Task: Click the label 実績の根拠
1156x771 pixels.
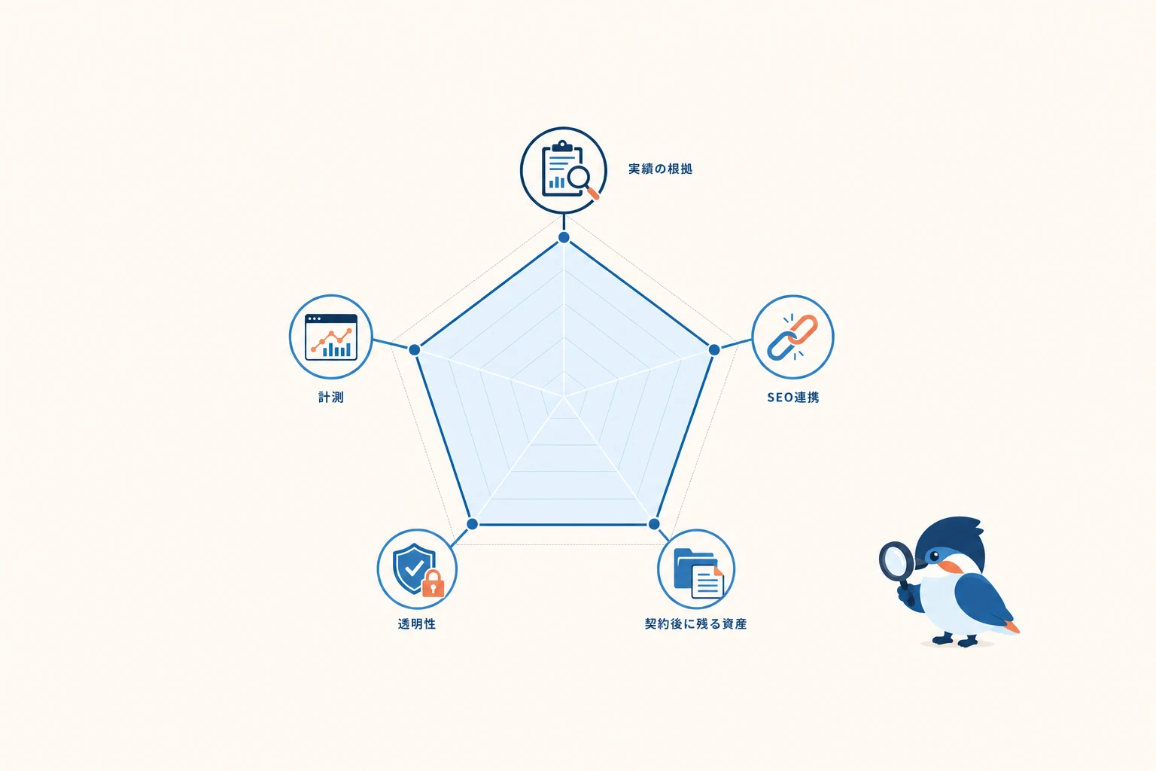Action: [x=660, y=169]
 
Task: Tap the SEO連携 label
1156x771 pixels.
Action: [x=793, y=397]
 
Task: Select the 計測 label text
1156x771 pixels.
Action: [x=331, y=397]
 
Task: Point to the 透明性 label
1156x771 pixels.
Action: [x=417, y=624]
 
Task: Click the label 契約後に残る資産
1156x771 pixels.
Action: [x=695, y=624]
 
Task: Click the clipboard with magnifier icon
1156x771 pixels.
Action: [x=567, y=170]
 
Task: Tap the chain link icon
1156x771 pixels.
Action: [x=792, y=337]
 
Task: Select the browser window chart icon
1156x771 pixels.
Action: [x=331, y=337]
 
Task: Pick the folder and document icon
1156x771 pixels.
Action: [x=698, y=573]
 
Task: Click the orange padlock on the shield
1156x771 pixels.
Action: [x=433, y=584]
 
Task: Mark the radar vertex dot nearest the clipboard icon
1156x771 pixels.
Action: [x=564, y=237]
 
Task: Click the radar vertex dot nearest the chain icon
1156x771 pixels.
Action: [x=714, y=349]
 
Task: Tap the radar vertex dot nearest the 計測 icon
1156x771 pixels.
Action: [x=415, y=349]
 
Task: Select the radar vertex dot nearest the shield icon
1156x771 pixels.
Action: [x=472, y=524]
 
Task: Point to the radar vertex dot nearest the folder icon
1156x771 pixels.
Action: [x=654, y=524]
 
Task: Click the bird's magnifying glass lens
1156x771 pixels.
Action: [x=896, y=559]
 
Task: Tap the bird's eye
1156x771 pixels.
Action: [x=934, y=556]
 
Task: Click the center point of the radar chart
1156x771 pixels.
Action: [x=564, y=397]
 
